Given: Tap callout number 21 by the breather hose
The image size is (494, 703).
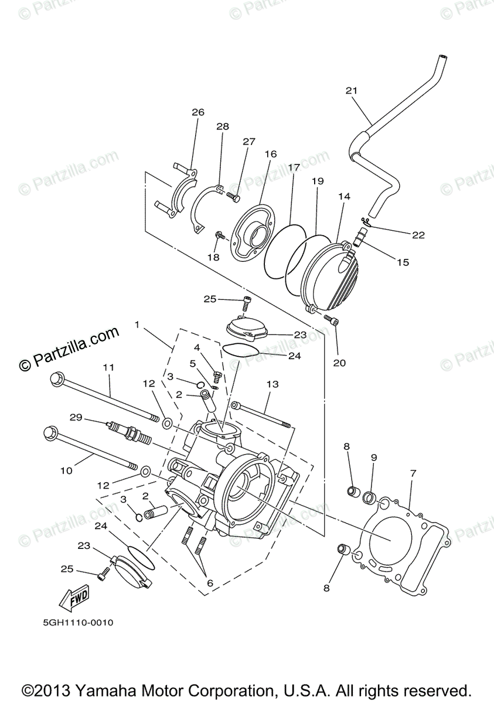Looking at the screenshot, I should [x=351, y=91].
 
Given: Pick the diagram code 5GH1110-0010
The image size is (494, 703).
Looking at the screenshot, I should [x=70, y=623].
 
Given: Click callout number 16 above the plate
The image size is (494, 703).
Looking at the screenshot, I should [x=270, y=154].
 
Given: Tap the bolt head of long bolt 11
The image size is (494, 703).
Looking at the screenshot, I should [x=56, y=378].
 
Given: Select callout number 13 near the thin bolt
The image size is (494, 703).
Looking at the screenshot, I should [x=272, y=385].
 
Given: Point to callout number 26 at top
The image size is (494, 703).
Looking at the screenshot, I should [x=197, y=112].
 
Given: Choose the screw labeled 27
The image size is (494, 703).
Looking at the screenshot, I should [x=231, y=197].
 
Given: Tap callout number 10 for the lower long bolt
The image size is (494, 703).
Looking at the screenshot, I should [x=65, y=470].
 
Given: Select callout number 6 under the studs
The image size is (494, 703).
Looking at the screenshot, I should [x=209, y=583].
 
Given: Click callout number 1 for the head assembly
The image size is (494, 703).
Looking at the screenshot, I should [x=137, y=324].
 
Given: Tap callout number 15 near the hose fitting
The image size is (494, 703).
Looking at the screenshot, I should [x=403, y=262].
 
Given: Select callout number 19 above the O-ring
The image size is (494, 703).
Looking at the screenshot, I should [x=317, y=182].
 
